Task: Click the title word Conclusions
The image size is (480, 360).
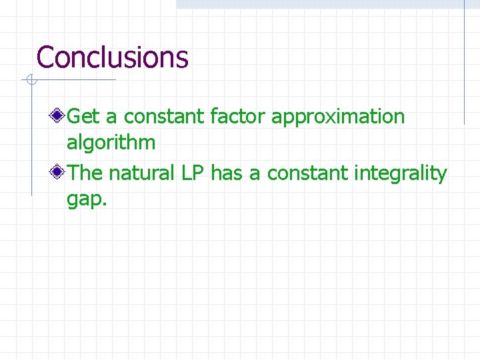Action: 112,57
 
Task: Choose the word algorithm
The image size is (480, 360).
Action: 111,143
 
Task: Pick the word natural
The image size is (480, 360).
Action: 142,173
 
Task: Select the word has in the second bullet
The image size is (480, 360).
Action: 225,173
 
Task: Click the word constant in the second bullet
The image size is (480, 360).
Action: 307,173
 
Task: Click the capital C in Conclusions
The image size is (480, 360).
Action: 45,57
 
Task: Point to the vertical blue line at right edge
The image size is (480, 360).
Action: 464,67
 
